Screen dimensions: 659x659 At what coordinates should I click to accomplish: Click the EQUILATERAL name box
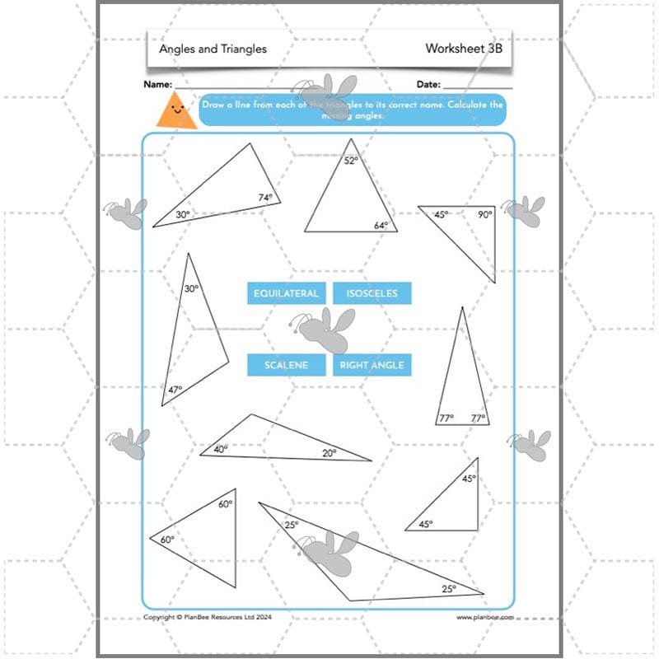[x=286, y=293]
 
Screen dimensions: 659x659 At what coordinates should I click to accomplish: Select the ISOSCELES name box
[x=372, y=293]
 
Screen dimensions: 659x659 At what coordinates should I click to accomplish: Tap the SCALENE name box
[x=286, y=365]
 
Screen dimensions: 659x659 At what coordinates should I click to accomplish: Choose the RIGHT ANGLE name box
[x=372, y=365]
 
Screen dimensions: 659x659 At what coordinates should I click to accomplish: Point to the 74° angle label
[x=264, y=198]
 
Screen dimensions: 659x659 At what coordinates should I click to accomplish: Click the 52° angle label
[x=351, y=161]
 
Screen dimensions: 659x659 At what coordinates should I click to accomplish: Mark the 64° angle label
[x=381, y=225]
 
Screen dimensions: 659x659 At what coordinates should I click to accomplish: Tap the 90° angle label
[x=484, y=214]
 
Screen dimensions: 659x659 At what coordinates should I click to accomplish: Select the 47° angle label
[x=175, y=390]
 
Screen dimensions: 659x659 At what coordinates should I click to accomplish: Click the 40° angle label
[x=221, y=449]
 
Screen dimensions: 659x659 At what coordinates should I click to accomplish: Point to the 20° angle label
[x=329, y=452]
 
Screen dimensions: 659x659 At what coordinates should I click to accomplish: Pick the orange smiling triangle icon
[x=176, y=112]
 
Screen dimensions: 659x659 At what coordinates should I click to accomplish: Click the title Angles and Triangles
[x=213, y=49]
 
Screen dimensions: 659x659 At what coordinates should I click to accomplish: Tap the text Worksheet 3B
[x=463, y=49]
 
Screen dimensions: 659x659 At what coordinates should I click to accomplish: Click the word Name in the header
[x=157, y=84]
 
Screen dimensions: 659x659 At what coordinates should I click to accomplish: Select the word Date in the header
[x=428, y=84]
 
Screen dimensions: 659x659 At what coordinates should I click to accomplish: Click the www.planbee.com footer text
[x=485, y=617]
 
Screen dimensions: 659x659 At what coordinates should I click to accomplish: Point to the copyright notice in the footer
[x=208, y=617]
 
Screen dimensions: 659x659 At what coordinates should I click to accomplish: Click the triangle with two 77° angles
[x=462, y=379]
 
